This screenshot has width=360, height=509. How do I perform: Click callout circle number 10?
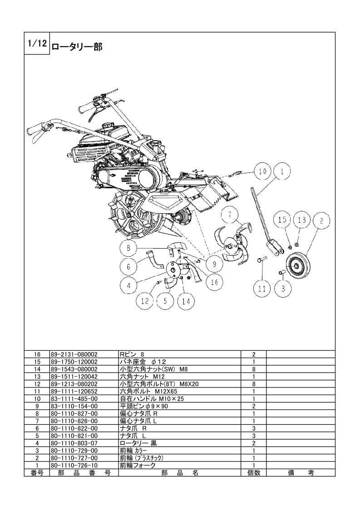(262, 171)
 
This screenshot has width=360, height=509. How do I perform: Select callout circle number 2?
(321, 221)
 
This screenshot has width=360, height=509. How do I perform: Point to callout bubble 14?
(186, 301)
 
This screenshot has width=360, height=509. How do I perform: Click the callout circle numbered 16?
(214, 282)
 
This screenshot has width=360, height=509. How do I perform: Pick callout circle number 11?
(262, 288)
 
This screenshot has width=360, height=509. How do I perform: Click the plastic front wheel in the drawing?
(296, 265)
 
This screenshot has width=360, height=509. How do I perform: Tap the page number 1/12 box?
(37, 43)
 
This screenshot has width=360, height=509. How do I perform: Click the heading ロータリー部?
(77, 47)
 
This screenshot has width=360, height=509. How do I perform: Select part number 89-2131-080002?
(74, 354)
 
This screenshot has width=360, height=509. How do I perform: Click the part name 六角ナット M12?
(142, 377)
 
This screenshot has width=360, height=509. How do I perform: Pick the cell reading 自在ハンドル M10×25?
(152, 399)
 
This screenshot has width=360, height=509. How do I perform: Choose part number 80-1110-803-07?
(74, 443)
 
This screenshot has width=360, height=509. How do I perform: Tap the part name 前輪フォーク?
(138, 465)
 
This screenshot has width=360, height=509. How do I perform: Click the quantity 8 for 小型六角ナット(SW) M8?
(254, 369)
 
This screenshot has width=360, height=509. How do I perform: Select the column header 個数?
(254, 473)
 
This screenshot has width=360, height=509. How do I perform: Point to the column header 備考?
(301, 473)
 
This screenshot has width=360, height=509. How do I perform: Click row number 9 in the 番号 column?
(37, 406)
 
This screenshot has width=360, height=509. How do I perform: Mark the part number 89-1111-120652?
(74, 391)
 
